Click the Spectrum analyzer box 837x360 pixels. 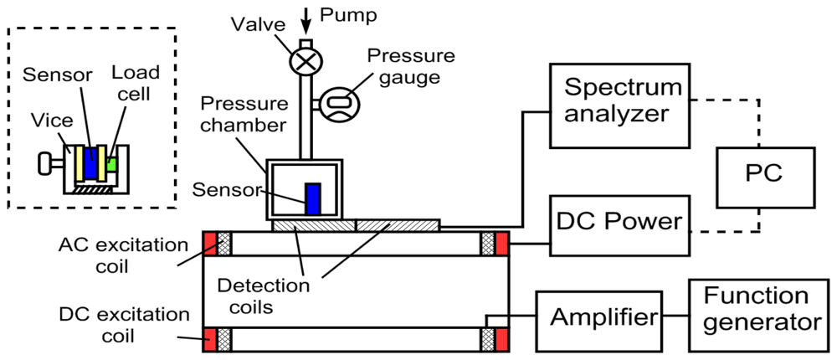click(x=618, y=100)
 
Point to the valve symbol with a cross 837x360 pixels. click(x=305, y=61)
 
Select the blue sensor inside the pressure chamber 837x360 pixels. click(x=312, y=198)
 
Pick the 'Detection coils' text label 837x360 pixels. click(x=273, y=295)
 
